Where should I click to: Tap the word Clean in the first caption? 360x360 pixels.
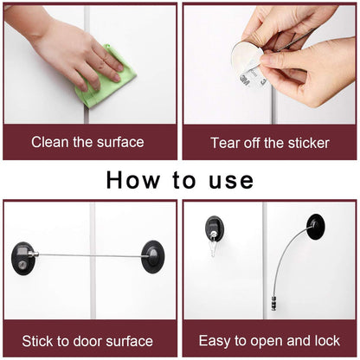(51, 142)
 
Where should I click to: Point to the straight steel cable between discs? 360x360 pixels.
(87, 254)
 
